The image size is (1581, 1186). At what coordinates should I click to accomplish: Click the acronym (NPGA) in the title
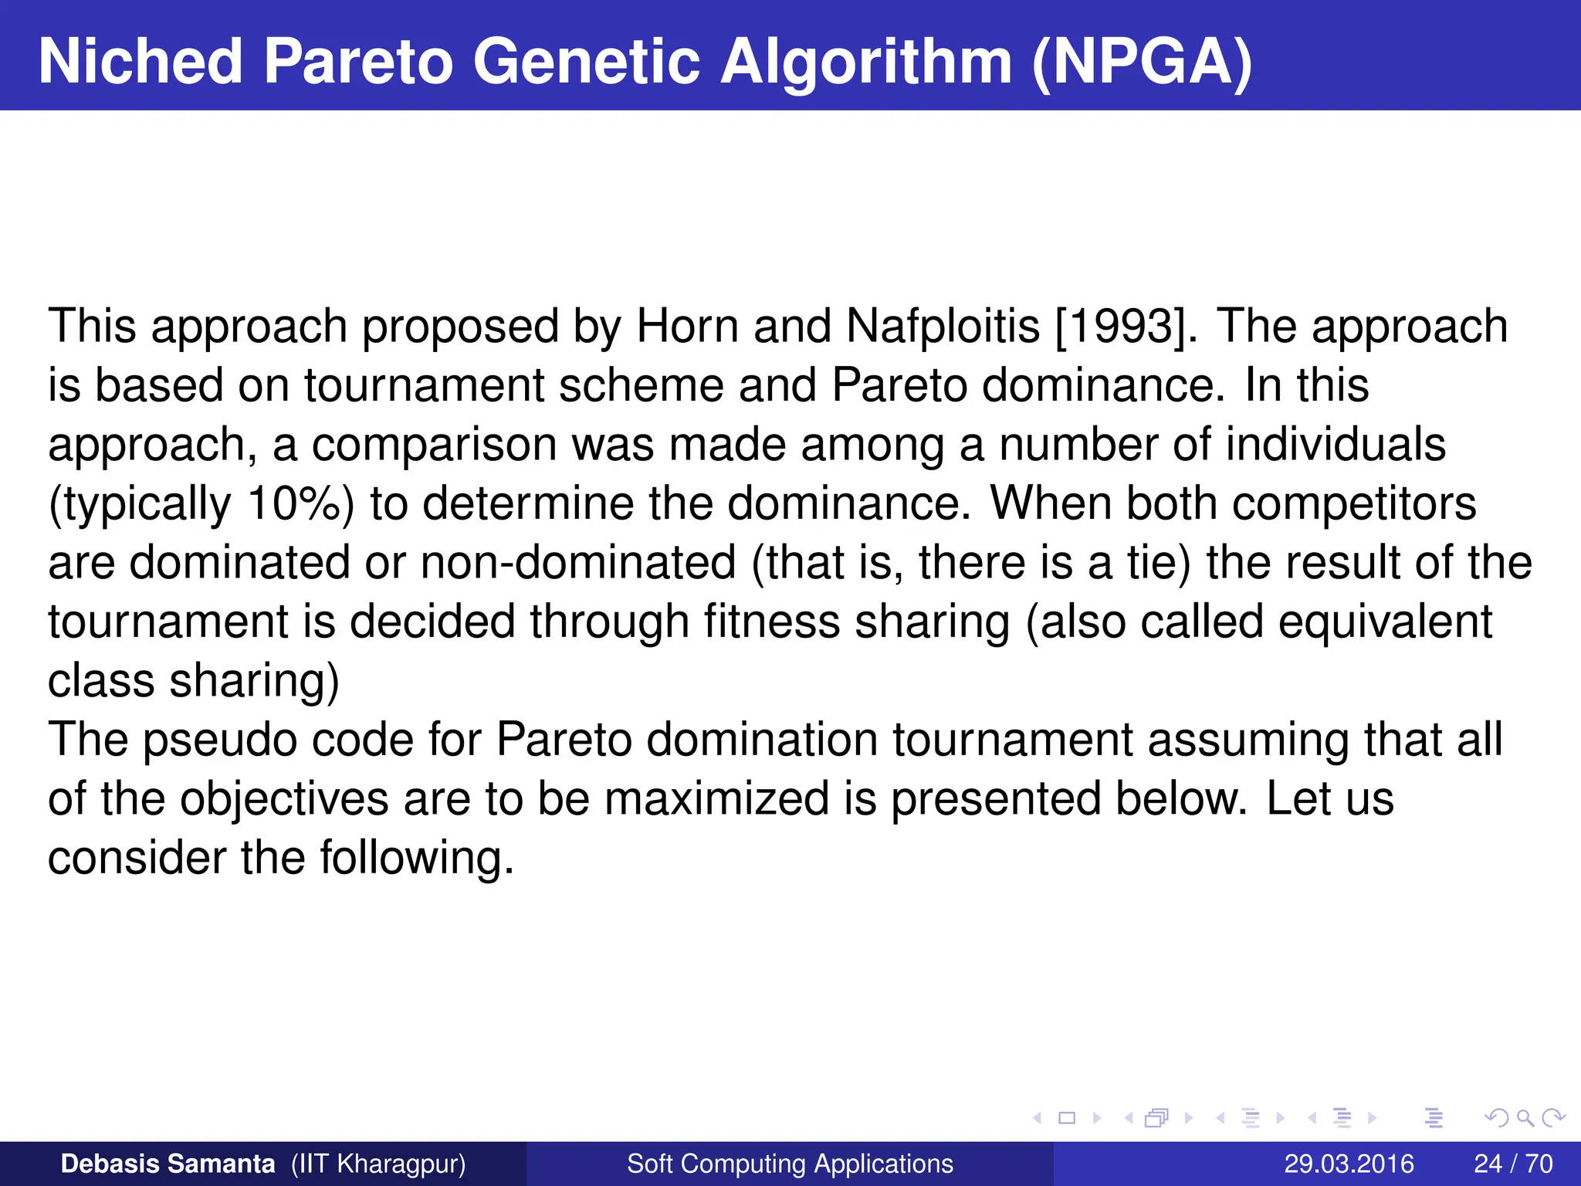[1142, 62]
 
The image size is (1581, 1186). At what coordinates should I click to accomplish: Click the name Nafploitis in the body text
[943, 326]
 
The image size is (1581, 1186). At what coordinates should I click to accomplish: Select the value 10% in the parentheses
[294, 503]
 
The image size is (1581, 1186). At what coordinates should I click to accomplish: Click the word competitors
[1354, 503]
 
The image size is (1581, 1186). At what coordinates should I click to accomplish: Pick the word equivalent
[1385, 622]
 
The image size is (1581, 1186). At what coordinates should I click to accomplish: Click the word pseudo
[220, 740]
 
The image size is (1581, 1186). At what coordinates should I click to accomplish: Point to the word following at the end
[416, 858]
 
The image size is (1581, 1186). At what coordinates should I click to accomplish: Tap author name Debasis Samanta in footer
[168, 1164]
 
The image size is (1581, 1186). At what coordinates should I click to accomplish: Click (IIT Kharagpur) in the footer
[378, 1164]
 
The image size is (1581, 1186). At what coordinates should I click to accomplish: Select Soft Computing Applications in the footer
[790, 1164]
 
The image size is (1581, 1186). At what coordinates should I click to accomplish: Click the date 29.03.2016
[1349, 1164]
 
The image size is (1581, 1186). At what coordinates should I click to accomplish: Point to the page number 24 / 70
[1513, 1164]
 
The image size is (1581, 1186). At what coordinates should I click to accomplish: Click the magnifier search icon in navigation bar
[1524, 1117]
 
